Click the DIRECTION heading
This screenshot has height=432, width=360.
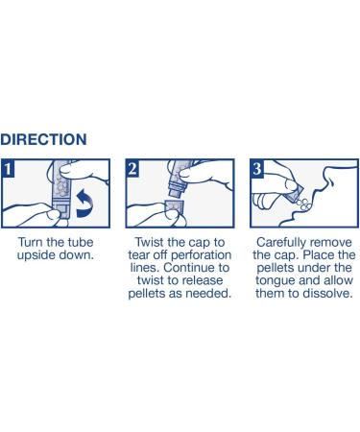43,139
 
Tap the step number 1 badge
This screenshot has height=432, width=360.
8,168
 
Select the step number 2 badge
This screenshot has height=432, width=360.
132,168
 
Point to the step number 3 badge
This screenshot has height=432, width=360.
257,168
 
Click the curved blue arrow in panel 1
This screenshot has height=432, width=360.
84,204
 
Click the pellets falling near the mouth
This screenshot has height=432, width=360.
303,204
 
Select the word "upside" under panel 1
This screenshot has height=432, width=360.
36,255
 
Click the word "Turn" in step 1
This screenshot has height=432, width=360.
31,242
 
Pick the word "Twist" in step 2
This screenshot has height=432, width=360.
149,242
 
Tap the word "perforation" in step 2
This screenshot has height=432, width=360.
201,255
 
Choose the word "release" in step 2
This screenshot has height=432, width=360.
204,280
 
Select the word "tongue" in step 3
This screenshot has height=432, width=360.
275,281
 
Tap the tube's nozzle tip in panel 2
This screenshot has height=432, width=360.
174,193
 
